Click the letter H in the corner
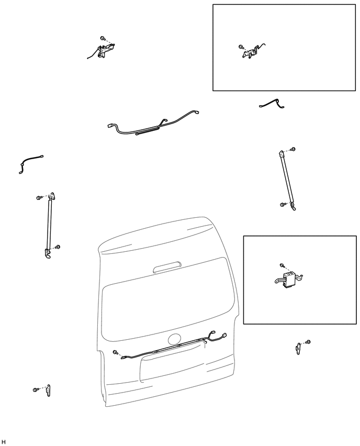pyautogui.click(x=4, y=441)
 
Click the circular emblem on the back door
pyautogui.click(x=174, y=339)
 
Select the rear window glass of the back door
pyautogui.click(x=168, y=300)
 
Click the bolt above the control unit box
pyautogui.click(x=282, y=265)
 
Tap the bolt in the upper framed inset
pyautogui.click(x=241, y=47)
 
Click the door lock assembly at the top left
pyautogui.click(x=104, y=51)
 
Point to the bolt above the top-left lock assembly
pyautogui.click(x=103, y=38)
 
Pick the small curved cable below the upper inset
pyautogui.click(x=272, y=104)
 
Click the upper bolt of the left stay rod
pyautogui.click(x=39, y=197)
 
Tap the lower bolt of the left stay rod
pyautogui.click(x=58, y=247)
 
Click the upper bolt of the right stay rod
pyautogui.click(x=293, y=149)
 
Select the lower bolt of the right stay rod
pyautogui.click(x=283, y=204)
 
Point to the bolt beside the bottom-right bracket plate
pyautogui.click(x=308, y=342)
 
